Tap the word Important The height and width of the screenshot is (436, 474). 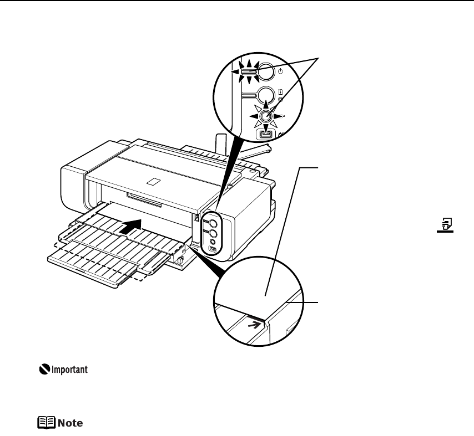point(70,370)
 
